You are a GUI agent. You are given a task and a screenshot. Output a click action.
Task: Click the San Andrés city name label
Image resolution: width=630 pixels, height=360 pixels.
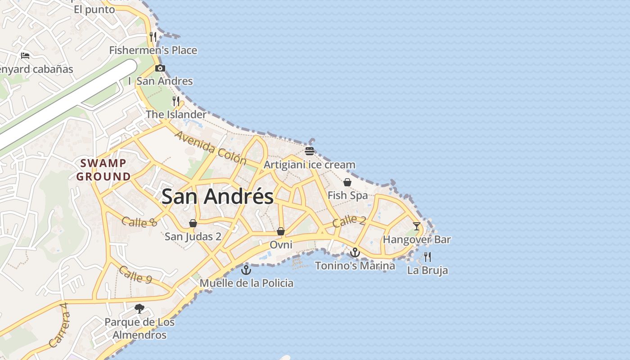click(217, 197)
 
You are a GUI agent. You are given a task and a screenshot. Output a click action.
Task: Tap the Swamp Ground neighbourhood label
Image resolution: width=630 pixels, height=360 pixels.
click(103, 170)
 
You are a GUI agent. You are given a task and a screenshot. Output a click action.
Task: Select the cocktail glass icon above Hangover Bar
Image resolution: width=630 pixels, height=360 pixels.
click(417, 226)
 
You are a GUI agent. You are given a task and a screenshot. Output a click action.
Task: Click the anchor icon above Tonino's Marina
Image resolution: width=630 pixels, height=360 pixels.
click(355, 252)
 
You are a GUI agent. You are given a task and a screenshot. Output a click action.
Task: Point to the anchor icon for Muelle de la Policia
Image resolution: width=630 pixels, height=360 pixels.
click(246, 270)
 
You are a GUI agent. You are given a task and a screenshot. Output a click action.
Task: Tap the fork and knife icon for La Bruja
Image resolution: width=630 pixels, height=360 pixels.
click(427, 257)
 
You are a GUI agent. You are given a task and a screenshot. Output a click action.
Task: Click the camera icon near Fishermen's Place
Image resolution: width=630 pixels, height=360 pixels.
click(160, 68)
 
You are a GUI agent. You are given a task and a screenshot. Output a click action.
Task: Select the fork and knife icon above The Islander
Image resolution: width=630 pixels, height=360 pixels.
click(176, 101)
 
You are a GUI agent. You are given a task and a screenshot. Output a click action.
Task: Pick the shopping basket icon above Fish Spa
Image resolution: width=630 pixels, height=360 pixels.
click(347, 182)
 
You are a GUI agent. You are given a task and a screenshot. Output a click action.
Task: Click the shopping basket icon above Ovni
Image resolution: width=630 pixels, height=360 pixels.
click(281, 231)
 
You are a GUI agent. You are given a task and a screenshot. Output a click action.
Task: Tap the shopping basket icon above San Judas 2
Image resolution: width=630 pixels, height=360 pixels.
click(193, 223)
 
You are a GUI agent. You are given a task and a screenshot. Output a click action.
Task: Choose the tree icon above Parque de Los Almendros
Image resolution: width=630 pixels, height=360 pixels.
click(139, 309)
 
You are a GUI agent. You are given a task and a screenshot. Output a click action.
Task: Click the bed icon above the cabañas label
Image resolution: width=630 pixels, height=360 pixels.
click(25, 56)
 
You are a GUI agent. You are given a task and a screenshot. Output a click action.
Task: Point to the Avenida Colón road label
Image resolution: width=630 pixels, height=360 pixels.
click(211, 148)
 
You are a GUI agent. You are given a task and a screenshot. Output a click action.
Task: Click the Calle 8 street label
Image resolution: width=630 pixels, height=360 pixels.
click(139, 221)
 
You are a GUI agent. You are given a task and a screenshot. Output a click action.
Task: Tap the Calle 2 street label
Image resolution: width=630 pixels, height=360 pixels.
click(349, 221)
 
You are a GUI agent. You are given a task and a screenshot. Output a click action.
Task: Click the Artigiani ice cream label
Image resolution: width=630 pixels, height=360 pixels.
click(309, 165)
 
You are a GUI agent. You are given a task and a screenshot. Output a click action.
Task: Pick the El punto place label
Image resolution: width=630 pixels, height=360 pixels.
click(94, 10)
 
